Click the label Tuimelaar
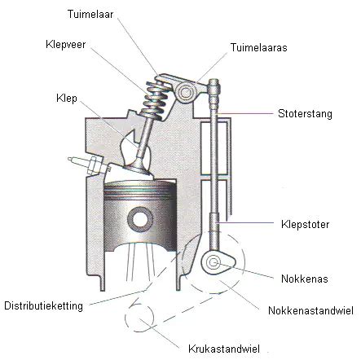[90, 14]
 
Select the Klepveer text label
[66, 44]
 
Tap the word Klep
[67, 99]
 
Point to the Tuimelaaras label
[259, 47]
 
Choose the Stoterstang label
[305, 113]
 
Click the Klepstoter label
[306, 225]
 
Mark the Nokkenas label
[305, 279]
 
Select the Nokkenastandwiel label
[310, 310]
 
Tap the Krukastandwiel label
[224, 349]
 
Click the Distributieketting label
[43, 305]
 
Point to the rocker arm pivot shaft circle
[186, 93]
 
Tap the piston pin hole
[140, 219]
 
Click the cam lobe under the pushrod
[218, 263]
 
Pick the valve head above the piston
[138, 170]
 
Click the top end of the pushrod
[214, 81]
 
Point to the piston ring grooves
[140, 191]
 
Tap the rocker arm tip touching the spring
[161, 79]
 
